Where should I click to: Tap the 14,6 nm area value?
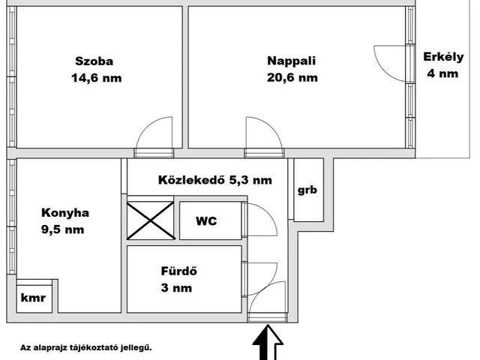point(97,78)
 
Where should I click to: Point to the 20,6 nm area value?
point(292,77)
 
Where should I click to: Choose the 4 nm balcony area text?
point(442,73)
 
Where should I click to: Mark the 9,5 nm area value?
point(63,229)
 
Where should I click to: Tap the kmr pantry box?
point(33,298)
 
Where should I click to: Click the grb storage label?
point(307,190)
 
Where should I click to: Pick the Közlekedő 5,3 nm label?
point(214,180)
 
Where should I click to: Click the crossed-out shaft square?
point(150,220)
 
